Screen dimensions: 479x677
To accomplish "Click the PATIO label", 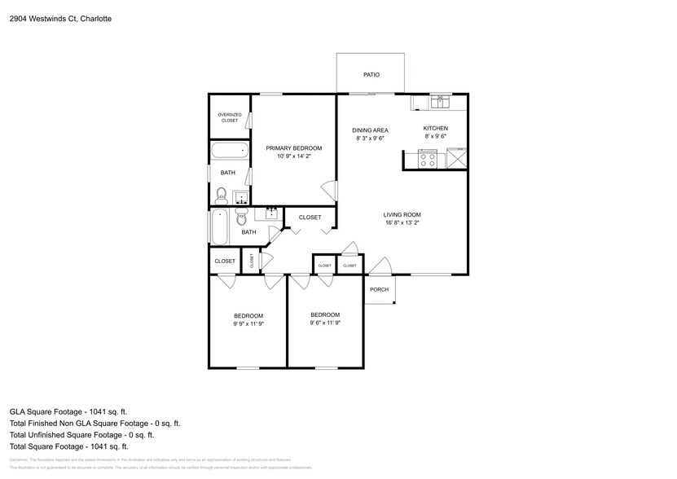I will pos(371,75).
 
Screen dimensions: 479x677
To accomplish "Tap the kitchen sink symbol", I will pos(440,102).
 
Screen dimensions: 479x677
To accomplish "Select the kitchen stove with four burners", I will pos(428,160).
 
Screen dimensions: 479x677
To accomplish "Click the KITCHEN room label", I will pos(435,129).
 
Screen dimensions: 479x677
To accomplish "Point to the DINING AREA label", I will pos(370,130).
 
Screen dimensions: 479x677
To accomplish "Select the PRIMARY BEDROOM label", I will pos(294,148).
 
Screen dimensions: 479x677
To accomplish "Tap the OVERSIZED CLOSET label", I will pos(230,117).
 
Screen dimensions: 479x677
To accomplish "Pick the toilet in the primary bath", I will pos(221,195).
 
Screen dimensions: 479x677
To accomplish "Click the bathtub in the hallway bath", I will pos(220,226).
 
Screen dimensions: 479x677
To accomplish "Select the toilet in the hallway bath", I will pos(242,218).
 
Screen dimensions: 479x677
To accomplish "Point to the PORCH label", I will pos(379,290).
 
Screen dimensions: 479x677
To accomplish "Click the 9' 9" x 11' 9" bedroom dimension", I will pos(248,323).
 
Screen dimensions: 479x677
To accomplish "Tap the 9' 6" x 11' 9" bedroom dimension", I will pos(325,323).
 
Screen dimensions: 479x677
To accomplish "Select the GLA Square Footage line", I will pos(68,412).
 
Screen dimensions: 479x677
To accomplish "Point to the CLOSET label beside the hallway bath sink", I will pos(310,218).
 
